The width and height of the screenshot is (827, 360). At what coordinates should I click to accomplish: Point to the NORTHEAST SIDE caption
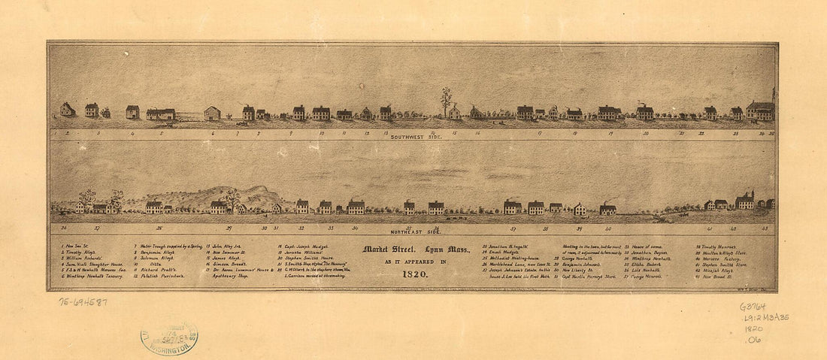click(x=413, y=231)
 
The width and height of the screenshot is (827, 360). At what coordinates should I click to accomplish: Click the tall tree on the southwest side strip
click(x=447, y=100)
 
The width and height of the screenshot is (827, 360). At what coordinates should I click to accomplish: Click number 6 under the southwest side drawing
click(x=213, y=133)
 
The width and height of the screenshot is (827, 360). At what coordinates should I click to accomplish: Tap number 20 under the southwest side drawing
click(x=645, y=133)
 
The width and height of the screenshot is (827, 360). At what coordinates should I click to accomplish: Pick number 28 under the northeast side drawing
click(x=159, y=226)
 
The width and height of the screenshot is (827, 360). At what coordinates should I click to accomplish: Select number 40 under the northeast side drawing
click(x=607, y=226)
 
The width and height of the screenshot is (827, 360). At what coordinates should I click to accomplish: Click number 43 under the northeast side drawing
click(x=765, y=226)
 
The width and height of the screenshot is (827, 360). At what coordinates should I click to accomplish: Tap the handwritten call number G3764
click(x=753, y=307)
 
